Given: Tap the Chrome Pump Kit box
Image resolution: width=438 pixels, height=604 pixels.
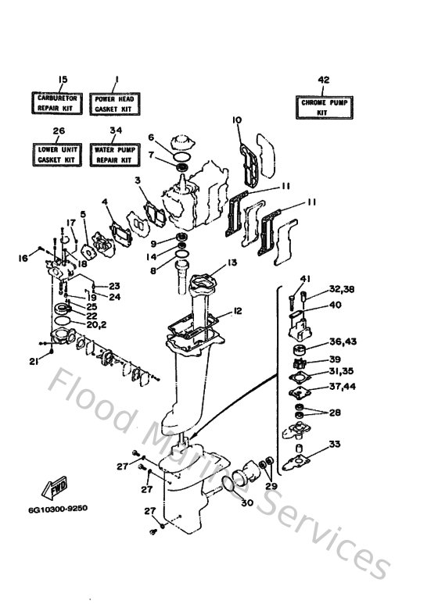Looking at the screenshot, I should coord(323,107).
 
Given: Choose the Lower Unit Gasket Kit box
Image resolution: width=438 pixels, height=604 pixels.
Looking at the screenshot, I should coord(56,154).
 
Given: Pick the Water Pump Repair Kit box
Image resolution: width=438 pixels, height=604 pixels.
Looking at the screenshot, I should coord(116,154).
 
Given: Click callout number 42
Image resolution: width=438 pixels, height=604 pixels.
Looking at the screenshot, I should coord(323,79).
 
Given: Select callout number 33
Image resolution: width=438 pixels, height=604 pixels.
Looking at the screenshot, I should coord(335,445).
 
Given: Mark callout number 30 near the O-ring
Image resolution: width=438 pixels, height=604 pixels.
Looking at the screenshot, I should coord(247,503).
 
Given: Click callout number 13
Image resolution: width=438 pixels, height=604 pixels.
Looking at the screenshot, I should coord(232,263).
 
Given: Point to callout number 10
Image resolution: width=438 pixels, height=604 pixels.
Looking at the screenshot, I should coord(237,120).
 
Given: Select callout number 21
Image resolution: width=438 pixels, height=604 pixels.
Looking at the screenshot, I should coord(34,360).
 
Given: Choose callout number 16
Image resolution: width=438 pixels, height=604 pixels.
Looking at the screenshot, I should coord(23,258).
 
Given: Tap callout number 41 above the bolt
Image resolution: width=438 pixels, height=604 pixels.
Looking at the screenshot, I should coord(305,279).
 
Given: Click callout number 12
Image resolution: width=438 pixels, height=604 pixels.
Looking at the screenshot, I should coord(237,311).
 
